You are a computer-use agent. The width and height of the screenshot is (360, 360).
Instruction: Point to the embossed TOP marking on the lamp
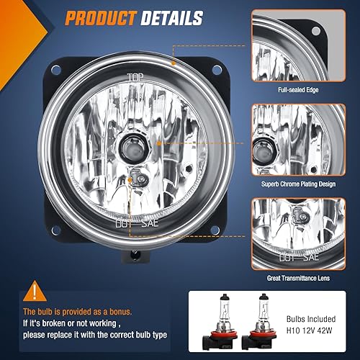[x=135, y=77]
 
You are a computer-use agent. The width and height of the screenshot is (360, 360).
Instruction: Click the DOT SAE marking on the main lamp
[x=135, y=224]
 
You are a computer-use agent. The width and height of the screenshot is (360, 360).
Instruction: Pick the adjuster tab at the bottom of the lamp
[x=134, y=256]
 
